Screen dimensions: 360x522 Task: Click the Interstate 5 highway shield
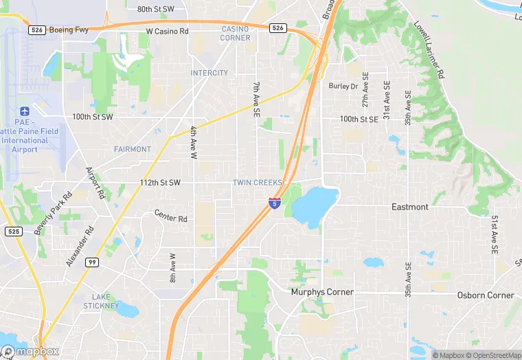coord(274,203)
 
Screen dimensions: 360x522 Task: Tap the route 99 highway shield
coord(91,262)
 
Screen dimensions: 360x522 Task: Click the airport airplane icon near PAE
coord(25,111)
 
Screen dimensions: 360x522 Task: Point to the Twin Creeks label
coord(258,183)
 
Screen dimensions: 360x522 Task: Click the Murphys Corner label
coord(322,292)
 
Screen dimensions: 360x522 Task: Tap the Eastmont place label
coord(410,207)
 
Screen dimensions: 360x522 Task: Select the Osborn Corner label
coord(486,295)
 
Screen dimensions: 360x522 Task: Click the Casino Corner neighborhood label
coord(236,33)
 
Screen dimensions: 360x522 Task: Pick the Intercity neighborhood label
coord(209,73)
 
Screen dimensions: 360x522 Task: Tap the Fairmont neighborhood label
coord(133,149)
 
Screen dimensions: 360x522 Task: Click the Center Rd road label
coord(171,216)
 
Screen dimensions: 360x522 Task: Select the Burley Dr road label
coord(343,87)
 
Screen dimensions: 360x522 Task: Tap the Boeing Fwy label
coord(69,30)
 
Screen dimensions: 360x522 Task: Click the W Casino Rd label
coord(167,32)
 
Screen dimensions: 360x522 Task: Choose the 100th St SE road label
coord(359,120)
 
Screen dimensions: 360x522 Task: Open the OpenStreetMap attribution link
coord(492,355)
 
